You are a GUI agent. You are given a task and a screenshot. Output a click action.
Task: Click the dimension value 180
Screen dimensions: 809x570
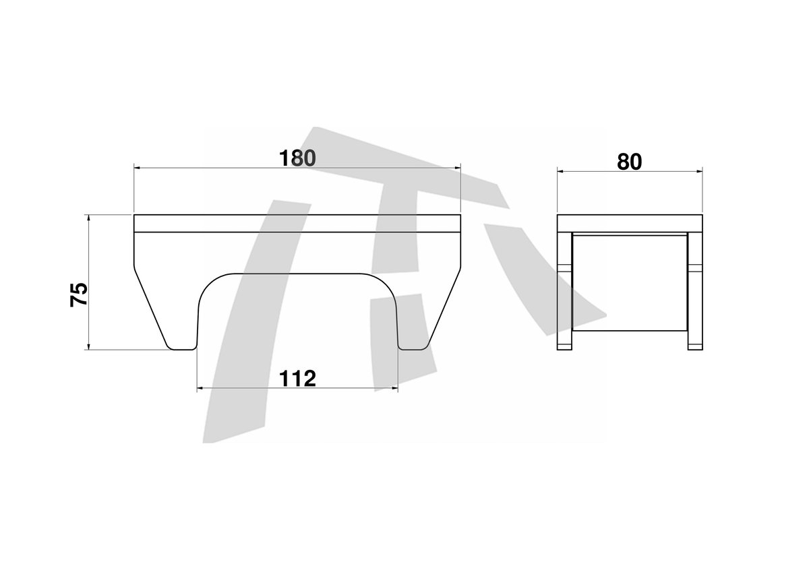(297, 158)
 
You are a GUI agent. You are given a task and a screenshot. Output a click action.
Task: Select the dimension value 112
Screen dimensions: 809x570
(297, 378)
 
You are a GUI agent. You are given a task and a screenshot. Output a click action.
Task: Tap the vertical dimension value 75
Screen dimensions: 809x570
(79, 294)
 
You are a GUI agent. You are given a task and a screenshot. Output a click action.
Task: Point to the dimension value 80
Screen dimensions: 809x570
(630, 162)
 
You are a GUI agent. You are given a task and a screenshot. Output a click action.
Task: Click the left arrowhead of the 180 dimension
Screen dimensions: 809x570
(137, 168)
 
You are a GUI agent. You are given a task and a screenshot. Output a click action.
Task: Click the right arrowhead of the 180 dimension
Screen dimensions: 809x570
(458, 168)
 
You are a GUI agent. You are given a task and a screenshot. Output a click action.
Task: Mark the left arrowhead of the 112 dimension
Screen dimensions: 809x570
(200, 389)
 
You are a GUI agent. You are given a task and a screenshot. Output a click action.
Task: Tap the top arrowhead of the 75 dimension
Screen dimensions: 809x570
(88, 218)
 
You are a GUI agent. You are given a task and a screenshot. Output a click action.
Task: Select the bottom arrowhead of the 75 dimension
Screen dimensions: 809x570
(88, 346)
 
